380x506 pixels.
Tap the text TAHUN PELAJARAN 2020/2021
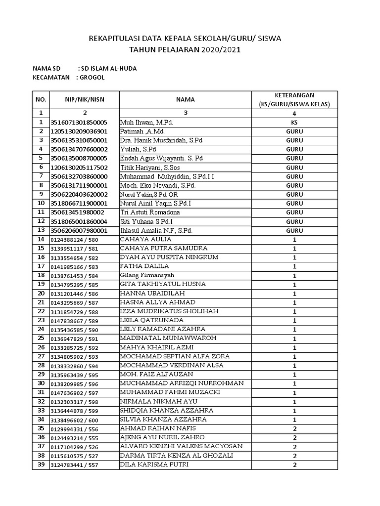coord(185,50)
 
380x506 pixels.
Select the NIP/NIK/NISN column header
coord(84,99)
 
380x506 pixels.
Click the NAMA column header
coord(186,99)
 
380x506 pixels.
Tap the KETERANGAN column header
coord(294,99)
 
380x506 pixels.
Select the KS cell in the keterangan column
coord(294,122)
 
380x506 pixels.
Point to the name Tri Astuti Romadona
coord(152,212)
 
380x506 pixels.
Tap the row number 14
coord(41,240)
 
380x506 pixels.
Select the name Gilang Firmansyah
coord(147,275)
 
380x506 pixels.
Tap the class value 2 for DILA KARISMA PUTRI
coord(294,465)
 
